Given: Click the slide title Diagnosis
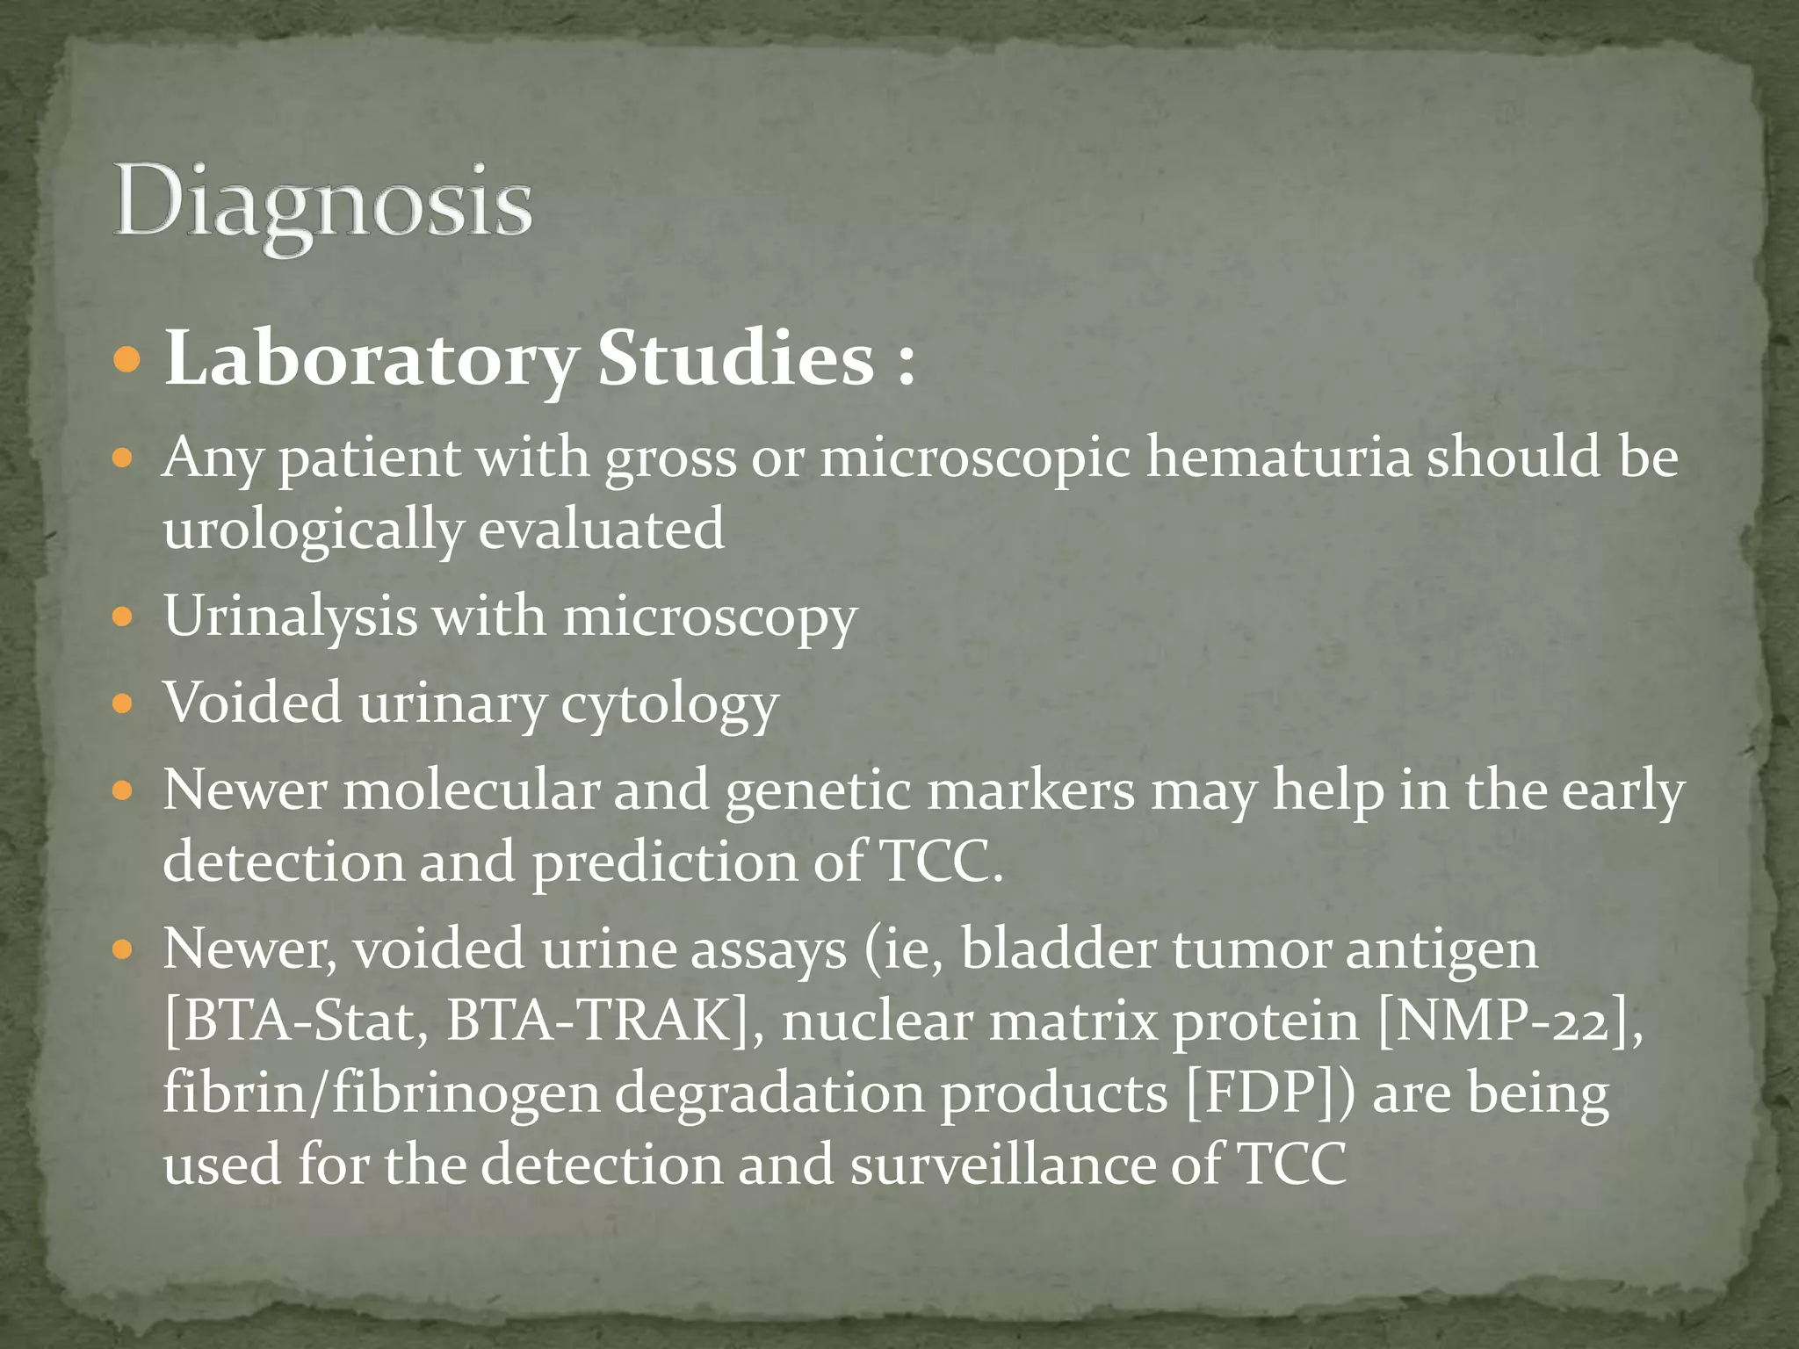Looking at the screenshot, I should coord(322,204).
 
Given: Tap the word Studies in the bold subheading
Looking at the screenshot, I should coord(736,358).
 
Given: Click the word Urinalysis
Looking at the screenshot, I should coord(290,617).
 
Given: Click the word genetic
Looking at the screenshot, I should coord(818,790).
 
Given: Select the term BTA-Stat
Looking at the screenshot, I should coord(297,1021).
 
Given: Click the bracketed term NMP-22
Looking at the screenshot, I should coord(1504,1021).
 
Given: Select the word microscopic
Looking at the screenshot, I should coord(975,458).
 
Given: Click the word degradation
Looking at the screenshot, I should coord(769,1093).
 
